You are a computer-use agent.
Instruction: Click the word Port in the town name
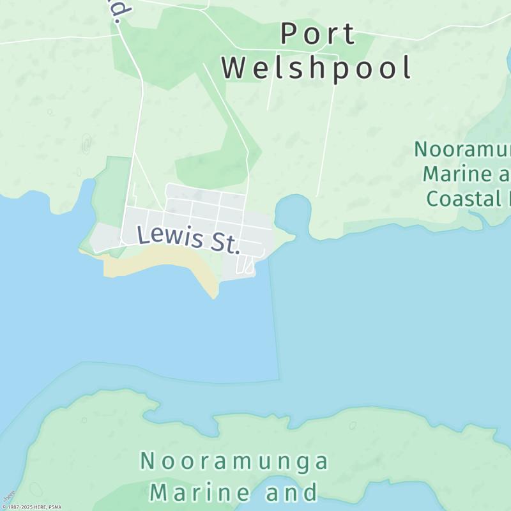[318, 34]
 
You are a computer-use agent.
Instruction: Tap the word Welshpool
[317, 68]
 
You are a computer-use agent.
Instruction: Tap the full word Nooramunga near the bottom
[234, 461]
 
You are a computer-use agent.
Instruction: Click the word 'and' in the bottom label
[293, 492]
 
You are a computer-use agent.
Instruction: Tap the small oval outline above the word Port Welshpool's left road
[86, 144]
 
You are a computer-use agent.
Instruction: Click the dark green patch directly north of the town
[217, 163]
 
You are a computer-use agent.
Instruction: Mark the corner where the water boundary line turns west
[278, 379]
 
